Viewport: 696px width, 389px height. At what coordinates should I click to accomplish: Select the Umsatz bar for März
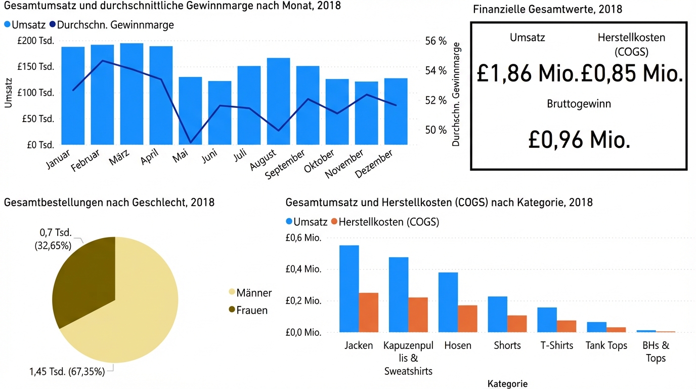[x=132, y=94]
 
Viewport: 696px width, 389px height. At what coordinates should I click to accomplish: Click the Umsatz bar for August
[x=278, y=101]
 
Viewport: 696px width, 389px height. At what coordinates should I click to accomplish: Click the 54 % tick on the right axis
[x=436, y=71]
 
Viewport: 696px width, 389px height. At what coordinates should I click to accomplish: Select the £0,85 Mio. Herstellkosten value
[x=632, y=74]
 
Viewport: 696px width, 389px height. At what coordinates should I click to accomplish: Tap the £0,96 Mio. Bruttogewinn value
[x=579, y=139]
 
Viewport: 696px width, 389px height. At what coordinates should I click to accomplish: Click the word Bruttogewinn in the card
[x=579, y=104]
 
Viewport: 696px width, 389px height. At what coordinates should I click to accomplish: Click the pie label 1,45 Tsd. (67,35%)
[x=67, y=371]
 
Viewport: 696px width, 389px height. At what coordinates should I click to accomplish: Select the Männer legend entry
[x=250, y=293]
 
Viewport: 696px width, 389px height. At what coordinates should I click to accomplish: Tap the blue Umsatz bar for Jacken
[x=349, y=289]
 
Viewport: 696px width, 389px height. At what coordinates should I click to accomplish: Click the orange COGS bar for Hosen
[x=467, y=319]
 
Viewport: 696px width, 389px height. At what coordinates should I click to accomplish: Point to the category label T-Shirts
[x=557, y=345]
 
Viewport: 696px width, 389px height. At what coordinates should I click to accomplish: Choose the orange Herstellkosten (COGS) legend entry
[x=384, y=222]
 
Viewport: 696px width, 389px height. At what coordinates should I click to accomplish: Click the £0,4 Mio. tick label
[x=303, y=269]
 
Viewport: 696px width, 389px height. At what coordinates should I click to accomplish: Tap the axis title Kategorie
[x=507, y=383]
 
